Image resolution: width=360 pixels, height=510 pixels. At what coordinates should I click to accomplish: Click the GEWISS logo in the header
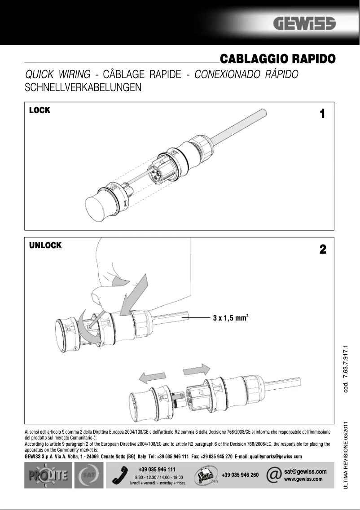point(306,24)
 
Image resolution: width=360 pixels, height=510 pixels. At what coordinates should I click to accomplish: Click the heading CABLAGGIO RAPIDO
point(277,59)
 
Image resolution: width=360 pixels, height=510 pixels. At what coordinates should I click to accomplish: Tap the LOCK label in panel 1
point(40,110)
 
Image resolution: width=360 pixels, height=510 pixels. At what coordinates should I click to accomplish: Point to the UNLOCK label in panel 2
point(45,246)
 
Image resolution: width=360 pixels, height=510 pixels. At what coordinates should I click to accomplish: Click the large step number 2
point(322,250)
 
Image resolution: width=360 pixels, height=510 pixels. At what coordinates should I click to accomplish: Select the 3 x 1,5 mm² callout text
point(230,318)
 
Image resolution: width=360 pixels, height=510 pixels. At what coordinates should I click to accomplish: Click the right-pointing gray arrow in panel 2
point(197,370)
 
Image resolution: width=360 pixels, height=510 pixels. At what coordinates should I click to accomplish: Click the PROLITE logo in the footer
point(47,476)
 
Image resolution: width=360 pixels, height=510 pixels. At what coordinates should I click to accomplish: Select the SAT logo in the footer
point(88,476)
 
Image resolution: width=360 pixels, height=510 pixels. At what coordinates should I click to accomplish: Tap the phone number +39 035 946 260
point(240,475)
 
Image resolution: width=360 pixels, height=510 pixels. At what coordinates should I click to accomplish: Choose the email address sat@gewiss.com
point(305,472)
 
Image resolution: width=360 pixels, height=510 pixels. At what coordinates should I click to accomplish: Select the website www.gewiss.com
point(303,479)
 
